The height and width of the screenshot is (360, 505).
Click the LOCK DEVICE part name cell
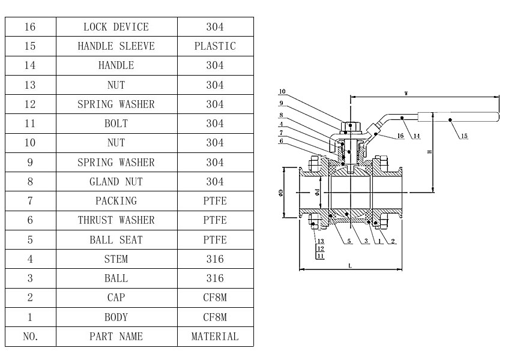click(116, 27)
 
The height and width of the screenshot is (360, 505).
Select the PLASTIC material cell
click(215, 46)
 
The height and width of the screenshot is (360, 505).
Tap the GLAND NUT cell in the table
click(116, 182)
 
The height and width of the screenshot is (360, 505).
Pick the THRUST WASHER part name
click(116, 220)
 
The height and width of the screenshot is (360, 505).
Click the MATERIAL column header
click(215, 337)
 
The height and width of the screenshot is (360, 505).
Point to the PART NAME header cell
click(116, 337)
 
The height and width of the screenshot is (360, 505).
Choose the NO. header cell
click(31, 337)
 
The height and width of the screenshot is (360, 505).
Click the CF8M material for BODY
click(215, 317)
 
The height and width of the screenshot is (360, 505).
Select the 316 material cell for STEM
click(215, 259)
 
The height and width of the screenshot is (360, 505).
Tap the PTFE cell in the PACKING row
click(215, 201)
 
